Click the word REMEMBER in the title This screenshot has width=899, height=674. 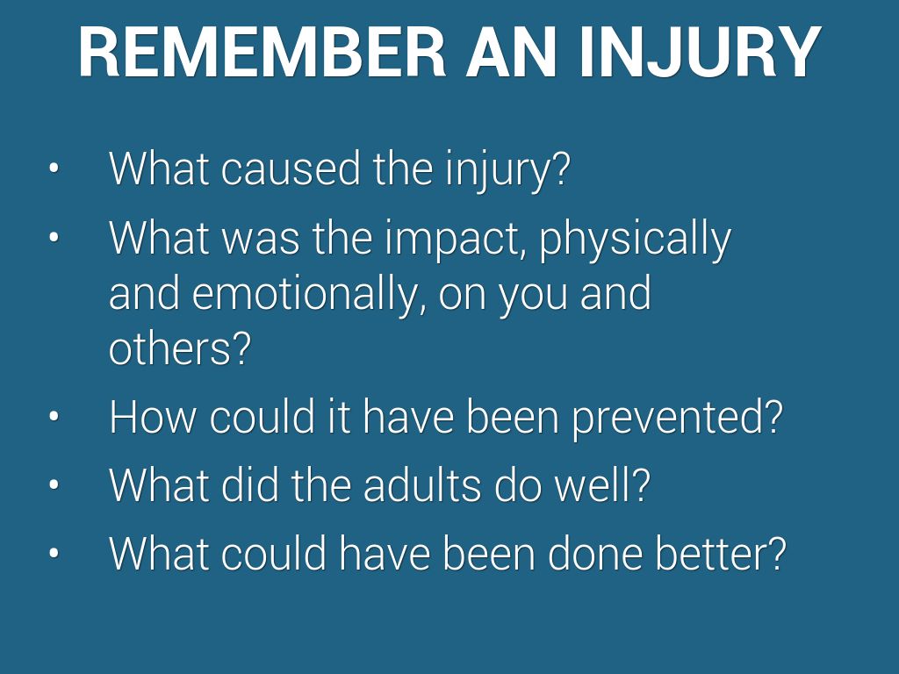coord(262,52)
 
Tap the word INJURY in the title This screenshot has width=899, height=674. coord(700,52)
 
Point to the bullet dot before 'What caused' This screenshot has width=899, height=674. coord(54,168)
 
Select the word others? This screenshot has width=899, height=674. coord(180,348)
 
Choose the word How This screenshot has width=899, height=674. coord(152,416)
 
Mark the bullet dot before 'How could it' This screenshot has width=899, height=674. coord(54,416)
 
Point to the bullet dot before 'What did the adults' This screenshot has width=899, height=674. coord(54,484)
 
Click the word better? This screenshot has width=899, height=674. coord(721,553)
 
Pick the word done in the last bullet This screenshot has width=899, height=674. coord(594,553)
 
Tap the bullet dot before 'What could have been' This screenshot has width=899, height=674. coord(54,553)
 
